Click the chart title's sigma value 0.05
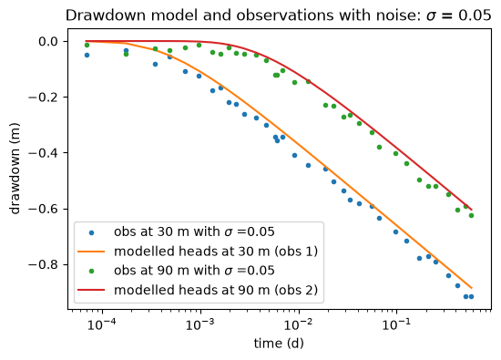tap(475, 15)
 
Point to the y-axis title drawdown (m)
tap(15, 169)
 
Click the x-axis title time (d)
tap(279, 344)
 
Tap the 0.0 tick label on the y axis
tap(48, 42)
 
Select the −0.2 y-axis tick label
tap(43, 98)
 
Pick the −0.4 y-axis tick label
tap(43, 153)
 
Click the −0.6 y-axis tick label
tap(43, 209)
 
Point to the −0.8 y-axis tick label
tap(43, 264)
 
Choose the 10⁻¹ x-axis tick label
tap(396, 324)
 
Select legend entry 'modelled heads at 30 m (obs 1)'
tap(216, 252)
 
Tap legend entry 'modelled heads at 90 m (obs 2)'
tap(216, 291)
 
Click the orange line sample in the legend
tap(91, 252)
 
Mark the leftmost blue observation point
tap(87, 56)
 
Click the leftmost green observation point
tap(87, 45)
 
